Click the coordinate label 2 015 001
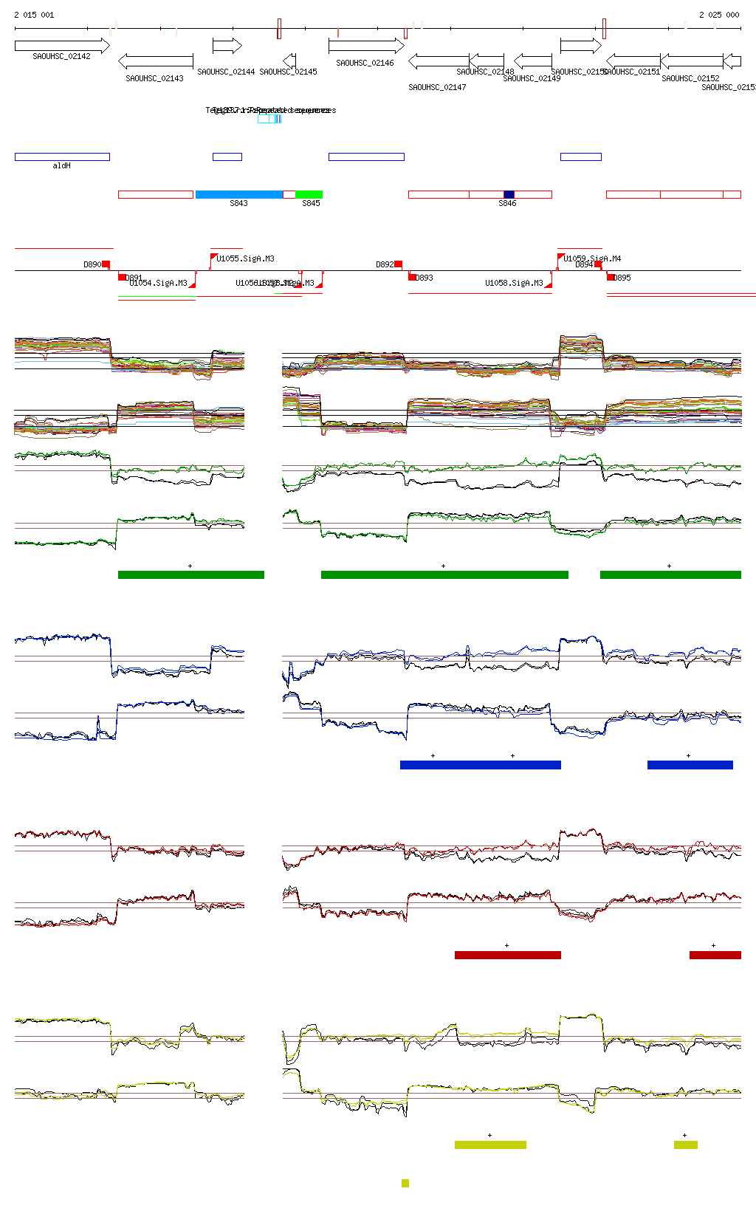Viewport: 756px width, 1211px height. point(34,15)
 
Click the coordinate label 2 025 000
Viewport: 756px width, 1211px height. point(718,15)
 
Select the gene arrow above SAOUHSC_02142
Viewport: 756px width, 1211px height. point(62,46)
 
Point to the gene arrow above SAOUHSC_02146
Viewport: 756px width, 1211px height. point(366,46)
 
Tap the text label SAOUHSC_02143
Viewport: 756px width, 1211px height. point(154,78)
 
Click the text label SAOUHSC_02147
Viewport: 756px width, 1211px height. point(437,87)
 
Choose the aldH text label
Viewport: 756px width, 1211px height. point(62,166)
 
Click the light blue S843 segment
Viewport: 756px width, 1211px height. point(239,195)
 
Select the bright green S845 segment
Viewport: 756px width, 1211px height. point(309,195)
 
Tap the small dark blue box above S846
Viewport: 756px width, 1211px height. point(509,195)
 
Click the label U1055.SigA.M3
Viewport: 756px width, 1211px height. point(245,258)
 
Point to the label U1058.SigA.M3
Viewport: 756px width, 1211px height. point(514,283)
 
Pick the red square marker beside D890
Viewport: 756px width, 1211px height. point(106,264)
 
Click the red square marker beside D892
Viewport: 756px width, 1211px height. point(398,264)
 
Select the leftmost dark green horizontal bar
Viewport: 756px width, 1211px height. point(190,574)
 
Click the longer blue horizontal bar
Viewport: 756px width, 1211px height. point(480,765)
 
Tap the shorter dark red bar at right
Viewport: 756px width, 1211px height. point(715,955)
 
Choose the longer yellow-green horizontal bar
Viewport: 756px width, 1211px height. point(490,1145)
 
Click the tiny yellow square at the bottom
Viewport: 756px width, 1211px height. point(405,1183)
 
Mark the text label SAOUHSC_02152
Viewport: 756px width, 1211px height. point(690,78)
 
